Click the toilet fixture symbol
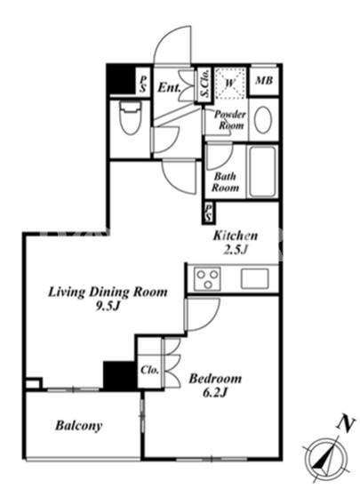click(x=131, y=118)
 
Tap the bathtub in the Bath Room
click(x=262, y=172)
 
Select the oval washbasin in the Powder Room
click(x=263, y=120)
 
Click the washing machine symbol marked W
click(x=229, y=83)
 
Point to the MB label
click(x=264, y=80)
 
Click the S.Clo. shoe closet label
click(x=204, y=84)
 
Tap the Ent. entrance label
click(x=169, y=87)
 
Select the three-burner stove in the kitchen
click(x=207, y=278)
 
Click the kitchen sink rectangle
click(x=254, y=278)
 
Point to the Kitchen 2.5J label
click(x=236, y=242)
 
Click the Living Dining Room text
click(x=108, y=292)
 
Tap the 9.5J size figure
click(x=108, y=307)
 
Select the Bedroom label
click(x=215, y=379)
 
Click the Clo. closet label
click(x=149, y=370)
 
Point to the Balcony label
click(x=79, y=425)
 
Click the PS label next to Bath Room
click(x=209, y=212)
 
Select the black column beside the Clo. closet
click(x=120, y=375)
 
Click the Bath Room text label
click(x=225, y=181)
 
